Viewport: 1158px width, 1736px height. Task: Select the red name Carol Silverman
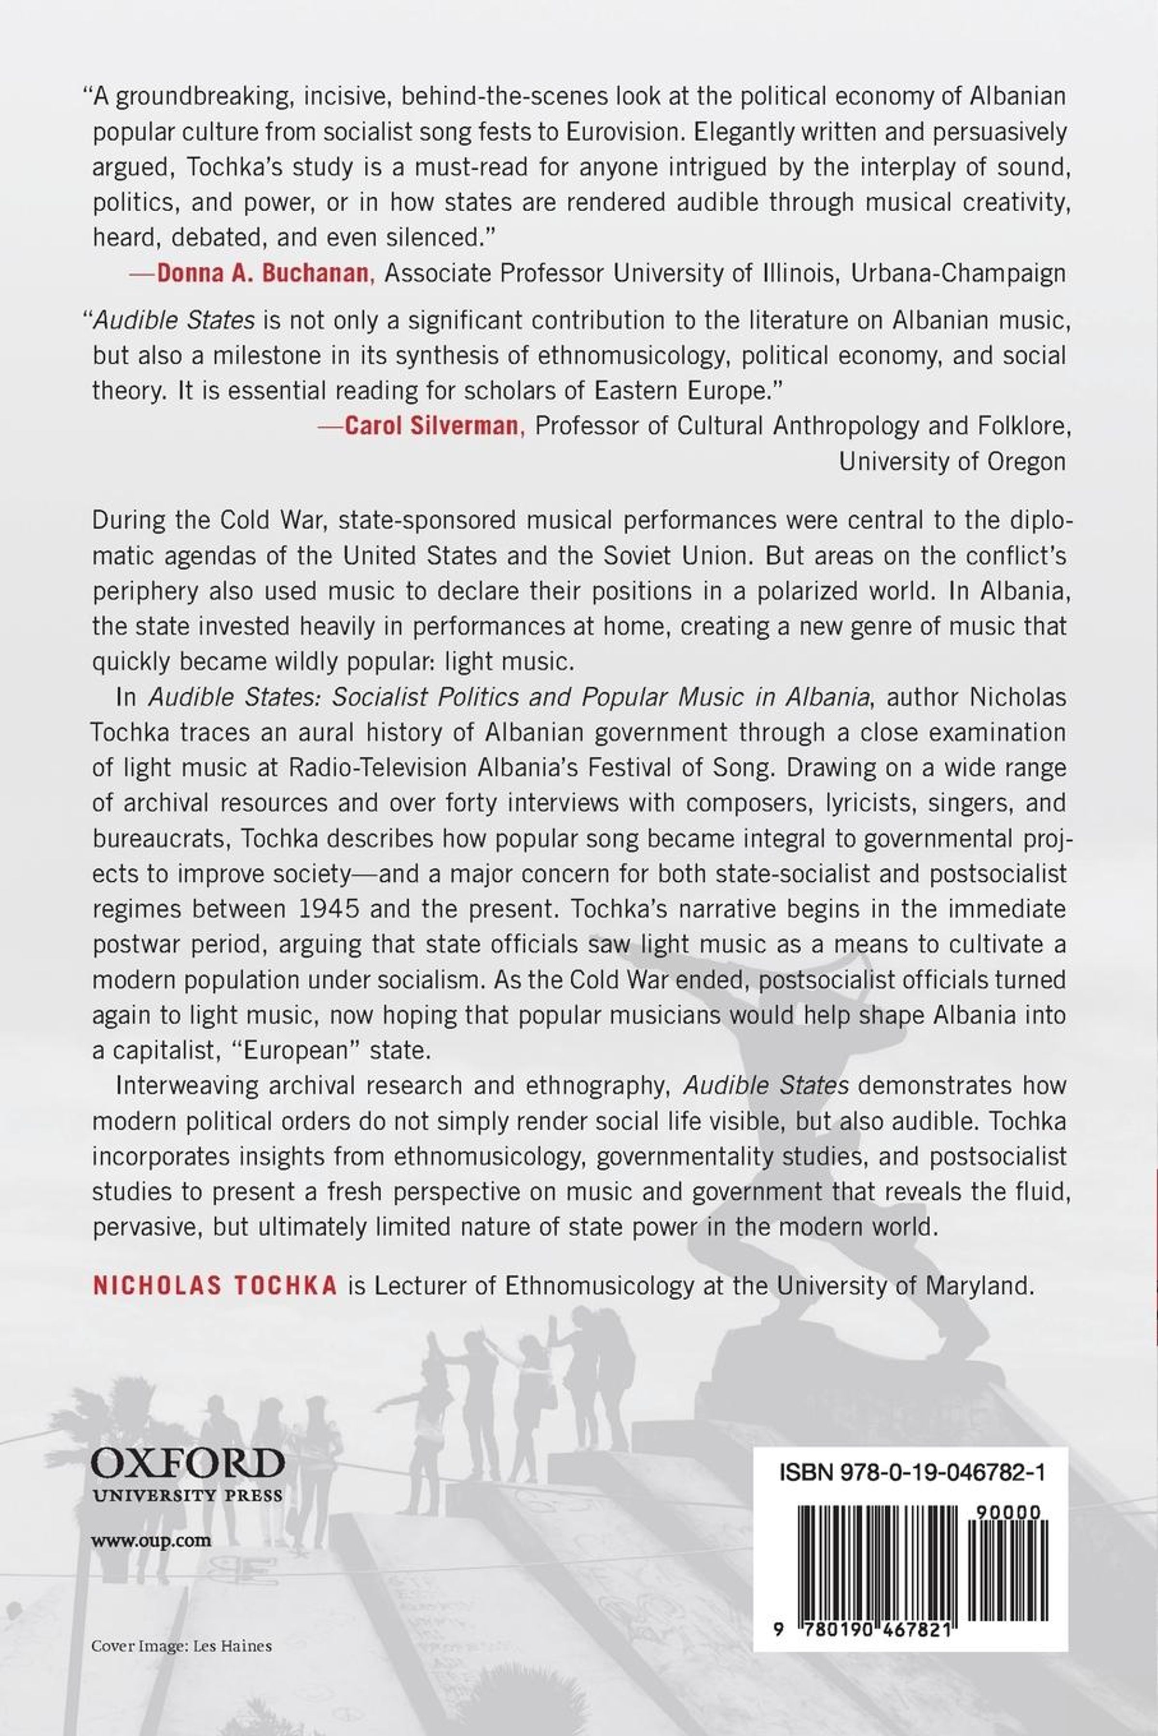click(x=432, y=426)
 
